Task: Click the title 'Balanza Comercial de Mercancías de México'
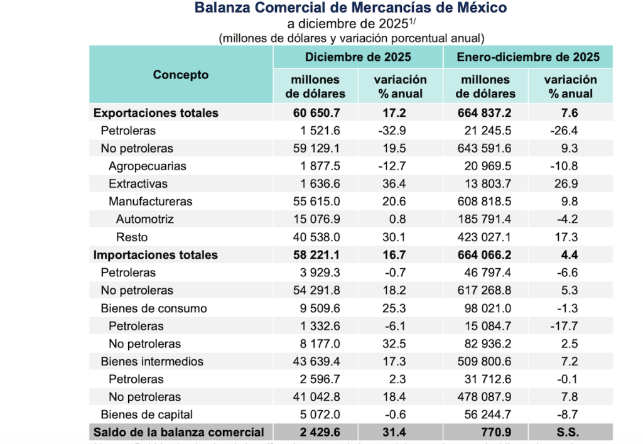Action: coord(350,8)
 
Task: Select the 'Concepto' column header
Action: coord(181,75)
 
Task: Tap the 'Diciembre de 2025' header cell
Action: coord(358,57)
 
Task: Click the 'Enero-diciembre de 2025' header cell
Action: coord(528,57)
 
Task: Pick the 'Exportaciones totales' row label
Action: coord(156,113)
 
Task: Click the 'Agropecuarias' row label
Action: coord(147,166)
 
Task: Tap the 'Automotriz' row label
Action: coord(144,219)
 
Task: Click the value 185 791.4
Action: coord(486,219)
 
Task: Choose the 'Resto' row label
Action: coord(132,237)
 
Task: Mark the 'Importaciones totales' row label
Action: coord(156,255)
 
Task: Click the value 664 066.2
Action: coord(486,255)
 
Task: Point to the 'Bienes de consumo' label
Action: coord(154,308)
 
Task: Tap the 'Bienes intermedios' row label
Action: coord(152,361)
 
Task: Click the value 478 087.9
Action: coord(486,397)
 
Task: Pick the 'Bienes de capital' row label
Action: coord(147,414)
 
